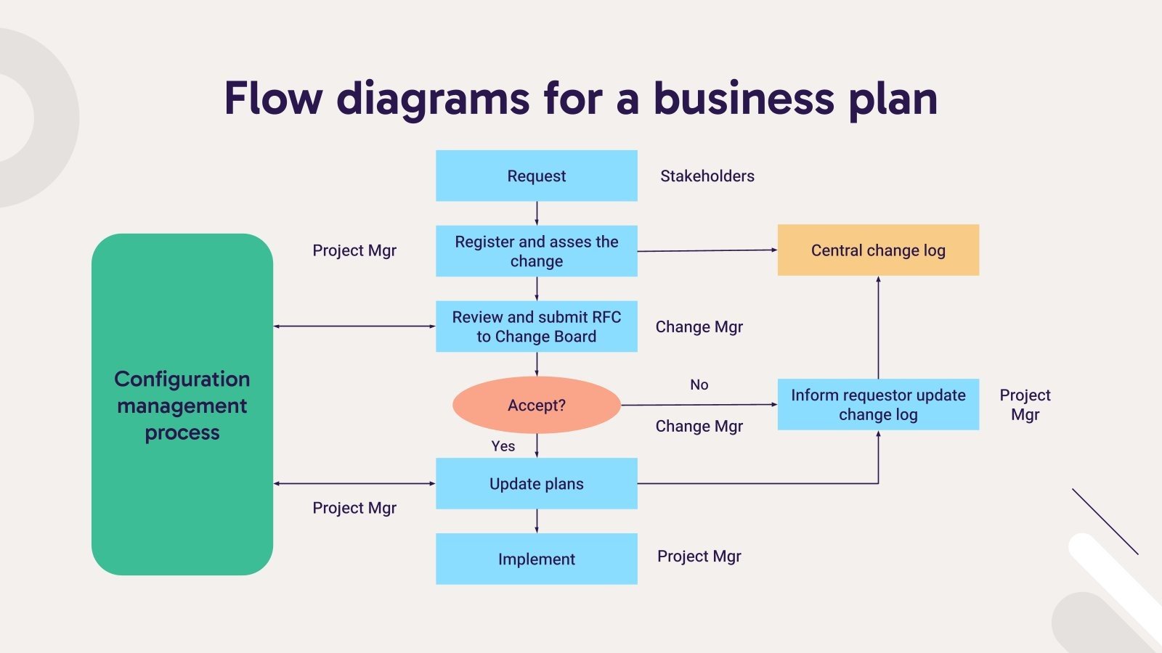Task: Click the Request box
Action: point(536,176)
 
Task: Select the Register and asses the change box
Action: point(536,251)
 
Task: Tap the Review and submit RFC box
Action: point(536,326)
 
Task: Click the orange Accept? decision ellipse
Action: point(536,405)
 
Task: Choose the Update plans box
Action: point(536,483)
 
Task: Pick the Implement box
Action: point(536,559)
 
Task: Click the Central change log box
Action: point(878,250)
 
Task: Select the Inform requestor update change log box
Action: point(878,404)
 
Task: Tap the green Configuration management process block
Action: point(182,404)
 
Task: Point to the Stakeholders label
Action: point(707,176)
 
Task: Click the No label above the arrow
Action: point(699,385)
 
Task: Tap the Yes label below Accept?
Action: point(503,446)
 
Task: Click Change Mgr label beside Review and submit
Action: point(699,326)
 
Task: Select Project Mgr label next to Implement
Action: point(699,556)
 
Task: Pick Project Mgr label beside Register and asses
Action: point(354,250)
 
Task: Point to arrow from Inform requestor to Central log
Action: point(878,326)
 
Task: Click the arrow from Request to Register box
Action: point(537,213)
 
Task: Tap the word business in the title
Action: point(744,99)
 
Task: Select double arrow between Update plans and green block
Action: point(354,483)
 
